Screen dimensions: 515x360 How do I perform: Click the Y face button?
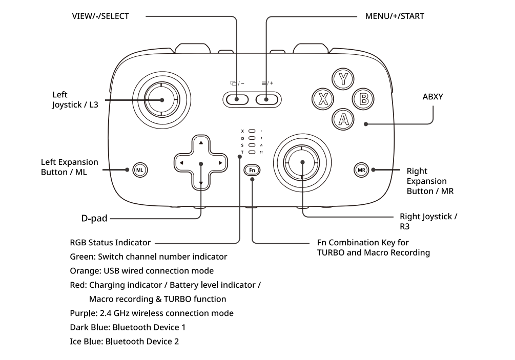(x=343, y=79)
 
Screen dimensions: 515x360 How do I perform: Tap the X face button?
(x=323, y=99)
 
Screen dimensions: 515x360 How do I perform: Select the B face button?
(x=363, y=99)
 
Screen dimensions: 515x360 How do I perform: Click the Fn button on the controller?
(x=252, y=170)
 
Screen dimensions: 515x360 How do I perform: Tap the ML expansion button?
(x=140, y=170)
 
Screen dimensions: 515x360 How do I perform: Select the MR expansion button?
(x=361, y=170)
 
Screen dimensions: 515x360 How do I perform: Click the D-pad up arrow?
(x=201, y=143)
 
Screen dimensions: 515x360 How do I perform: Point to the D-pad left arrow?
(x=181, y=163)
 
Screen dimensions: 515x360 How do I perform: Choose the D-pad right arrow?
(x=220, y=163)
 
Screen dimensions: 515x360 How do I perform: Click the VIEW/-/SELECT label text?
(x=100, y=16)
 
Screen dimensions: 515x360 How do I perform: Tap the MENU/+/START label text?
(x=395, y=16)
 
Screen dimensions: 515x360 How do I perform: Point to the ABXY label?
(x=432, y=97)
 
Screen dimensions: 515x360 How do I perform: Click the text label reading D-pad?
(x=94, y=218)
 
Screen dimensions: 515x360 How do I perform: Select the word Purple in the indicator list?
(x=84, y=313)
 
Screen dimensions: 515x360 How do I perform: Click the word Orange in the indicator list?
(x=86, y=271)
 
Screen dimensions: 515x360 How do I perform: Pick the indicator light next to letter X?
(x=252, y=131)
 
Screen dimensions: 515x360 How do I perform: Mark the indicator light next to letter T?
(x=252, y=152)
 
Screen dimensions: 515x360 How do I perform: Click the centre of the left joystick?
(x=161, y=100)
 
